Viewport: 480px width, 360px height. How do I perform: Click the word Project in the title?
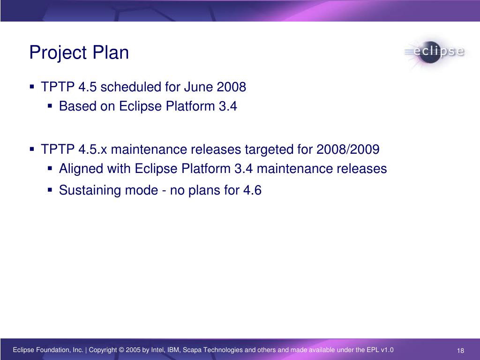point(58,53)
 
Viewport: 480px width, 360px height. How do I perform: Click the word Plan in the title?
point(111,52)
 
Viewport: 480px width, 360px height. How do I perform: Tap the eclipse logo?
point(435,52)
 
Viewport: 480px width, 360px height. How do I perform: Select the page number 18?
point(460,351)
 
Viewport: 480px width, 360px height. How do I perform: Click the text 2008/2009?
point(348,150)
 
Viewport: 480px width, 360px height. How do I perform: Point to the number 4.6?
point(252,190)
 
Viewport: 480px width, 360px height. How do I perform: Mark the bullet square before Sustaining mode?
point(50,190)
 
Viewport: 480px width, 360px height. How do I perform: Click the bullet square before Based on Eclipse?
point(50,106)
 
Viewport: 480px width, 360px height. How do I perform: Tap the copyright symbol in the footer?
point(121,350)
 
